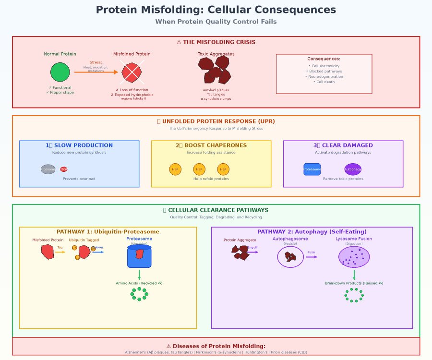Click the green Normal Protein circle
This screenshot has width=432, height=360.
click(x=60, y=72)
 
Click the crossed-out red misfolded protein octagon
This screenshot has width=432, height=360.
click(x=132, y=72)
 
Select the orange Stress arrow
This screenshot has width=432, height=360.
click(x=96, y=72)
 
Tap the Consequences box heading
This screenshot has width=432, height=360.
click(x=324, y=59)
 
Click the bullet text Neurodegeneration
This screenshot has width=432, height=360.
click(x=324, y=76)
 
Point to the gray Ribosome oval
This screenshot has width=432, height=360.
click(x=48, y=169)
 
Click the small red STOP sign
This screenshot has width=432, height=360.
click(x=64, y=169)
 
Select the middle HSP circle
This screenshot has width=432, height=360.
click(x=199, y=169)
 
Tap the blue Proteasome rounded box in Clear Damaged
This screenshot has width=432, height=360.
click(x=312, y=169)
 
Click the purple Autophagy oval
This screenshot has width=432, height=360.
click(x=353, y=169)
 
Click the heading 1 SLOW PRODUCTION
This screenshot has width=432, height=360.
click(x=79, y=145)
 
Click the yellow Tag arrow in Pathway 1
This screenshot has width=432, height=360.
click(x=60, y=252)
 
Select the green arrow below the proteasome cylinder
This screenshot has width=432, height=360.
click(x=139, y=275)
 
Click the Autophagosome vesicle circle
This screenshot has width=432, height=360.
click(x=290, y=257)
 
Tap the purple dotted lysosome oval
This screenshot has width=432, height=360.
click(x=354, y=256)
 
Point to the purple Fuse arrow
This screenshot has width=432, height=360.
click(x=312, y=256)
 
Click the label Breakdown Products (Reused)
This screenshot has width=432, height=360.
click(x=354, y=283)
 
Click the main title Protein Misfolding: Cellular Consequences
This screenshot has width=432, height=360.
click(x=216, y=10)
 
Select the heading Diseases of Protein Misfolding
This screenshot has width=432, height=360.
click(x=216, y=346)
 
